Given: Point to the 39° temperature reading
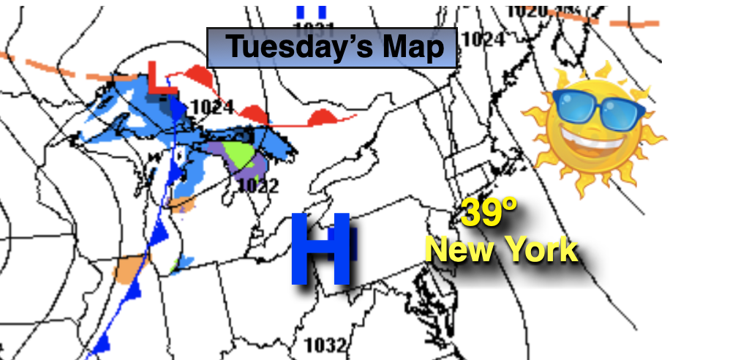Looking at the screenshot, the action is [489, 214].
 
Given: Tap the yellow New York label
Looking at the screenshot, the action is [502, 250].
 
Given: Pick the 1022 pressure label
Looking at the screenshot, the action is [257, 186].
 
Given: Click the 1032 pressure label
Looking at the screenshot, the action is [325, 345].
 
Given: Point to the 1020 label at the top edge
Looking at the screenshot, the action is [527, 10].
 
